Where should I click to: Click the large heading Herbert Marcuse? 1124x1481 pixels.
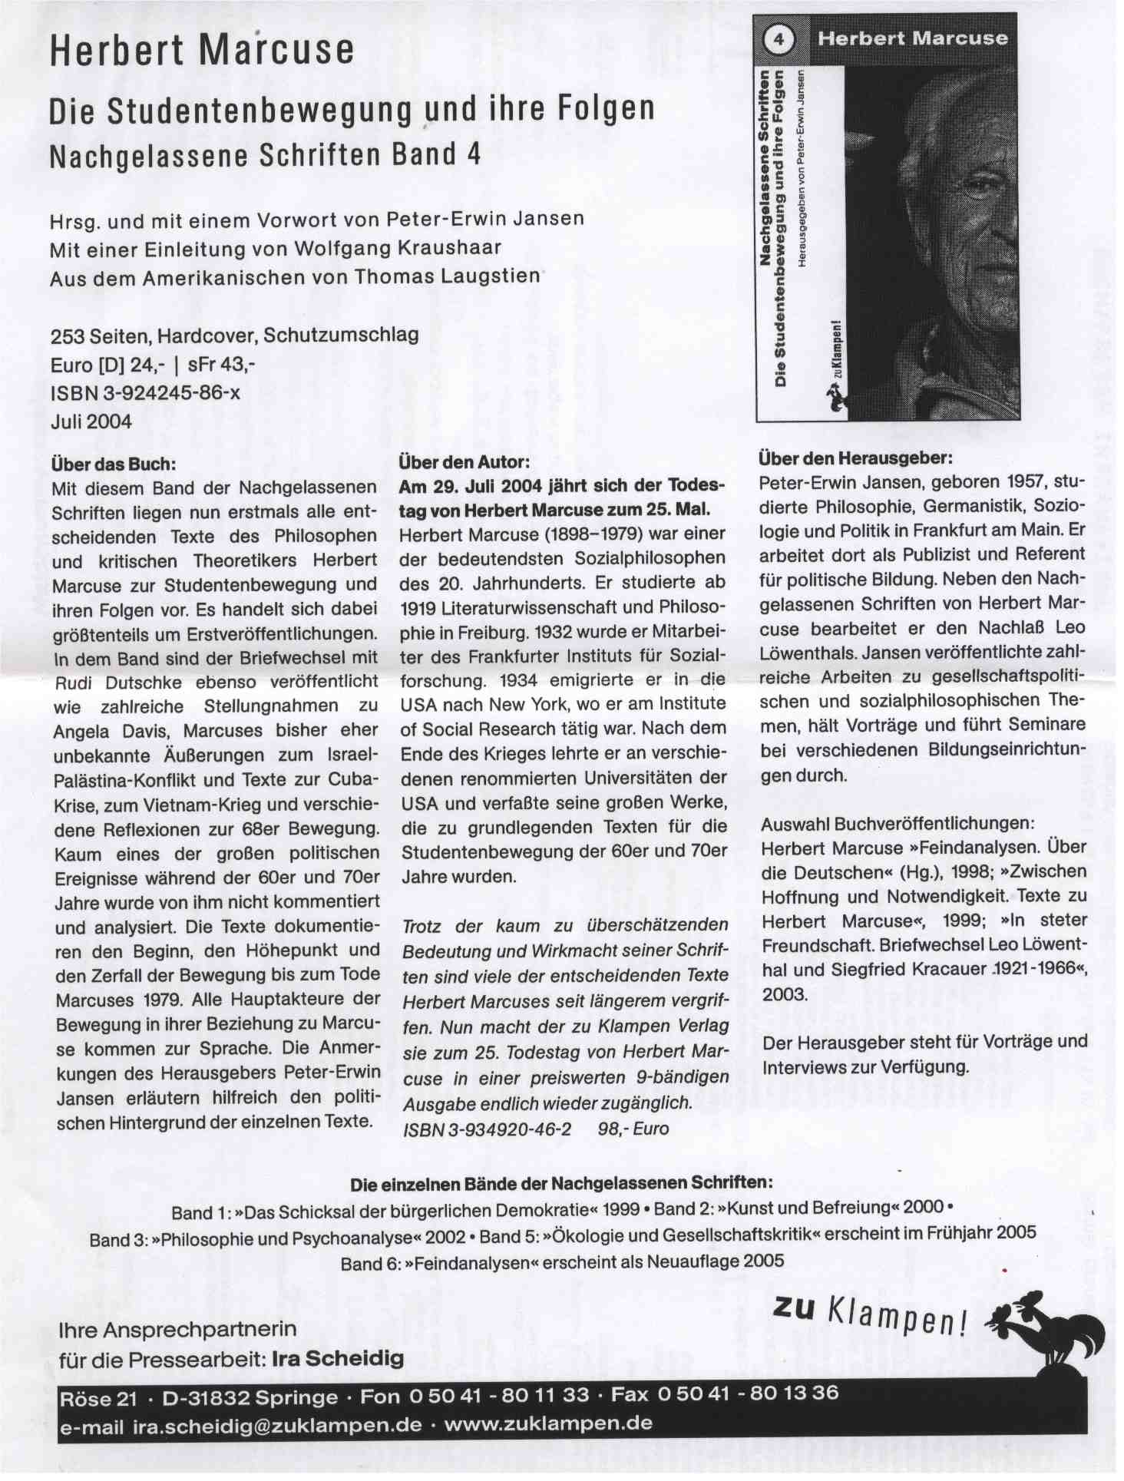202,50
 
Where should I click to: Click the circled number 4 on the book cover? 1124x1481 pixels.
779,39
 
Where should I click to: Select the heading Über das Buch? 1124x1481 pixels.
114,464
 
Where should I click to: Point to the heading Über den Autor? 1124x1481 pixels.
464,462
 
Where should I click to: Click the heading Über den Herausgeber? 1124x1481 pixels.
855,458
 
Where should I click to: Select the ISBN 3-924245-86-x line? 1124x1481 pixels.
145,393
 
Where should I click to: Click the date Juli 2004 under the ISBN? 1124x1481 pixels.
91,421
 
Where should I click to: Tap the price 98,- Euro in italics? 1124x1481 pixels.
633,1129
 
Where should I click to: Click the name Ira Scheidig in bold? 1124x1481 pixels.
338,1359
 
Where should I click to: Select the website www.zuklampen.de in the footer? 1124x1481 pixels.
548,1424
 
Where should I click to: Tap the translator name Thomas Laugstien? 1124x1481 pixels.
451,276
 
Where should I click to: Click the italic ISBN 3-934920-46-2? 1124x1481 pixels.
488,1129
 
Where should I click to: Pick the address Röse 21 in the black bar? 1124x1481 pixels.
98,1398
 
